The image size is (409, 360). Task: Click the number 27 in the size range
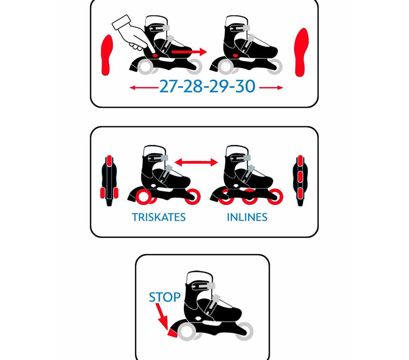click(x=167, y=86)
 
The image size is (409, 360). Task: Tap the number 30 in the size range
click(x=245, y=86)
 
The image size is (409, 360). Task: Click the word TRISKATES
click(x=159, y=217)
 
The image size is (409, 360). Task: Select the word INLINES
click(x=247, y=217)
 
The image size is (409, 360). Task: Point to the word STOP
click(x=165, y=297)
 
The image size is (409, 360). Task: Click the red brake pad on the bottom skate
click(x=172, y=332)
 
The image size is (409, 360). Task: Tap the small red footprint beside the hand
click(x=107, y=55)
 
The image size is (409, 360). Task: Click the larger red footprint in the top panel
click(x=301, y=53)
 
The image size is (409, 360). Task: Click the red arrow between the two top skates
click(x=189, y=52)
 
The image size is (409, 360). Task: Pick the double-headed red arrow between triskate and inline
click(x=196, y=162)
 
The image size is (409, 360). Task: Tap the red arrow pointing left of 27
click(x=144, y=88)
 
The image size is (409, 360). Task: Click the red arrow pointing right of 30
click(x=271, y=88)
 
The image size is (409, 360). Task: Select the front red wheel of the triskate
click(x=192, y=196)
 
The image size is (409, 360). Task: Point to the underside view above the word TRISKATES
click(x=109, y=180)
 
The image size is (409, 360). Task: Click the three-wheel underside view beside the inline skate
click(x=300, y=180)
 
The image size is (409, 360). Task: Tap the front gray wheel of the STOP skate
click(x=244, y=331)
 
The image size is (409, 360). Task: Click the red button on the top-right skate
click(x=235, y=55)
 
